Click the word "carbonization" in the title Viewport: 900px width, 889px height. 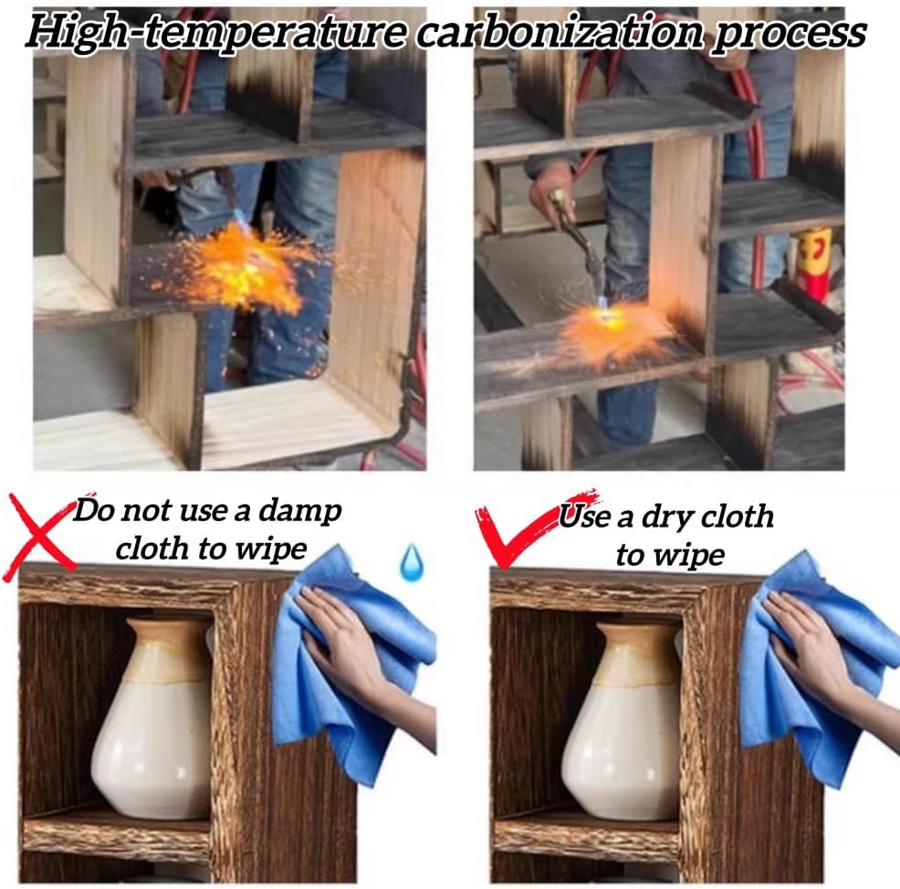coord(560,32)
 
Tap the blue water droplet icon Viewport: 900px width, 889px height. coord(412,562)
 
